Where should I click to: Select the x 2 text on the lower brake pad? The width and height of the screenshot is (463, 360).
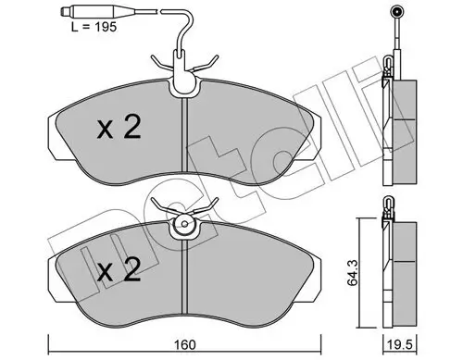(120, 271)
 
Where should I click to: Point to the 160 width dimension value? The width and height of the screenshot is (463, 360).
(187, 346)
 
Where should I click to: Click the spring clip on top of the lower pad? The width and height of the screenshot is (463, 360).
(186, 218)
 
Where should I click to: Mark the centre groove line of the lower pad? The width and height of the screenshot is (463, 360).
(186, 282)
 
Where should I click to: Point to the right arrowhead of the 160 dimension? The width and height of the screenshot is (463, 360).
(319, 337)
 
